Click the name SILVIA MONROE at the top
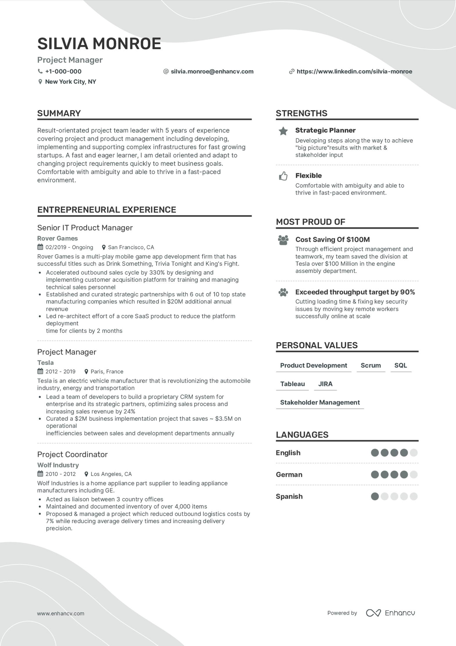[99, 44]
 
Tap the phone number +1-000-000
[63, 72]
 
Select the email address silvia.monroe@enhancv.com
[212, 72]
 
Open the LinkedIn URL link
[354, 72]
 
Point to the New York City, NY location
[70, 82]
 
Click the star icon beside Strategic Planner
[283, 131]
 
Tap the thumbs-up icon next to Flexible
[283, 176]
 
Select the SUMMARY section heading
[59, 113]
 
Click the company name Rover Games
[58, 238]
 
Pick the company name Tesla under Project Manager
[46, 363]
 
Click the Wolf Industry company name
[58, 465]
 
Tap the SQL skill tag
[401, 365]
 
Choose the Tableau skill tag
[292, 384]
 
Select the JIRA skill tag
[325, 384]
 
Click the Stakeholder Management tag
[320, 402]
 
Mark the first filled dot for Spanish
[375, 496]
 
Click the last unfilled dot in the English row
[414, 453]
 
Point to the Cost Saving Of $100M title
[333, 240]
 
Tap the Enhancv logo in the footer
[391, 613]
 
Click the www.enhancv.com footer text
[61, 613]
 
